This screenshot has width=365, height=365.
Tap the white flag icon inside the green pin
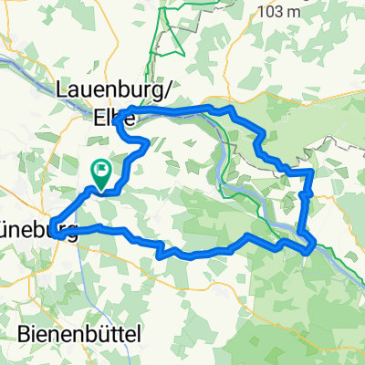[100, 170]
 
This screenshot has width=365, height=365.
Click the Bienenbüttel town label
[78, 335]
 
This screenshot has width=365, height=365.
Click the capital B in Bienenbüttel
[24, 335]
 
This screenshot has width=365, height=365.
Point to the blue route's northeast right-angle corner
[312, 171]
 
